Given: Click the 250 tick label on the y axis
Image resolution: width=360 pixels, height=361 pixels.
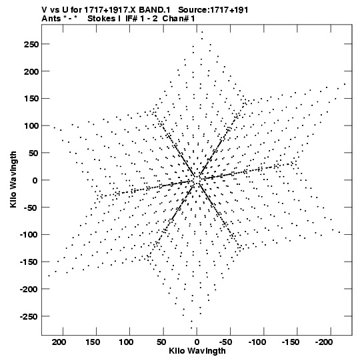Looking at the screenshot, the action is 31,44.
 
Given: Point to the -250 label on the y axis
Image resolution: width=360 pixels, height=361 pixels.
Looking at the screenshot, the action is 29,316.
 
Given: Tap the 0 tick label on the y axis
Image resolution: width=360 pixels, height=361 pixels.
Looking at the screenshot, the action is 35,180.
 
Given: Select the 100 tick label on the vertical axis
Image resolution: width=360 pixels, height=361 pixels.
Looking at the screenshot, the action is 31,125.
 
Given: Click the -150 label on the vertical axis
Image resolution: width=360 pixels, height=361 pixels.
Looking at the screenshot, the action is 29,262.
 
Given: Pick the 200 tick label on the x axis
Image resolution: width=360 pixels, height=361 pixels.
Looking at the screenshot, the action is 60,342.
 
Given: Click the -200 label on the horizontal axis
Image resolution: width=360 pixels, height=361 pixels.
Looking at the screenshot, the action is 324,342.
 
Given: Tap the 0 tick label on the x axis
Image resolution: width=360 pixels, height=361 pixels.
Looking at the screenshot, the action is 197,342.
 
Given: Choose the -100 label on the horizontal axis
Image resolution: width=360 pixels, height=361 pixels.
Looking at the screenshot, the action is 257,342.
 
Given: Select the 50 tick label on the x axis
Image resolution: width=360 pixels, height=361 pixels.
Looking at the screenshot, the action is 161,342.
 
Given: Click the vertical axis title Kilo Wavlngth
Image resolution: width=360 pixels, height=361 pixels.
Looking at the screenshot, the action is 13,179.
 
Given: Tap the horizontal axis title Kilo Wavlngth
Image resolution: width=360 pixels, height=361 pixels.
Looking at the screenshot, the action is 197,351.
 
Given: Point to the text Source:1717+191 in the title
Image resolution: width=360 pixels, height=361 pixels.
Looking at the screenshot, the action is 213,10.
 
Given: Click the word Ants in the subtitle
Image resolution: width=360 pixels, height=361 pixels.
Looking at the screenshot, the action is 51,19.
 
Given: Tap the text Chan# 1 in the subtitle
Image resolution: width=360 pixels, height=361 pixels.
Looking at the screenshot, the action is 179,19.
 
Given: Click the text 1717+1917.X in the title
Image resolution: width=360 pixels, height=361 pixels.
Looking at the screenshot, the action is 110,10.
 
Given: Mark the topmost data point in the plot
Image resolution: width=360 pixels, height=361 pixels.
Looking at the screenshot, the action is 202,32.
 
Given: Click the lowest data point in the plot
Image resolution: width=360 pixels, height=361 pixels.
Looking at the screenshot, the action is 191,328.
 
